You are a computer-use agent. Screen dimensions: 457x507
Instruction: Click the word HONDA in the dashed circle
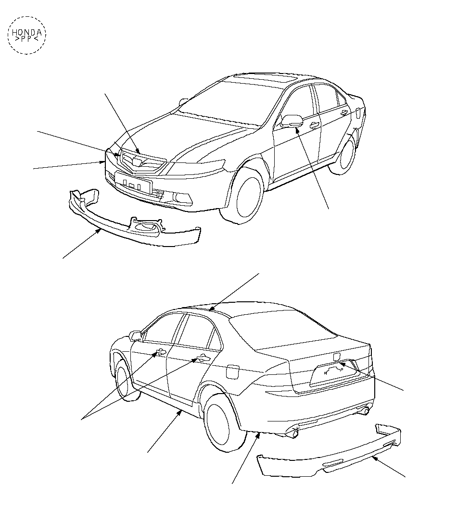[x=26, y=32]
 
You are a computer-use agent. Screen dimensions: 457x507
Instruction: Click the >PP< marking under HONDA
[x=26, y=39]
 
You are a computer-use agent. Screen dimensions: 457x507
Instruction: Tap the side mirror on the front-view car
[x=292, y=121]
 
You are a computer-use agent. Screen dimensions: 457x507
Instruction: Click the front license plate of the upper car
[x=133, y=183]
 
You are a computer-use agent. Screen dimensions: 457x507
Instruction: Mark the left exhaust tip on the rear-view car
[x=293, y=433]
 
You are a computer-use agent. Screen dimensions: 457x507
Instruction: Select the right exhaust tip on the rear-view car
[x=366, y=411]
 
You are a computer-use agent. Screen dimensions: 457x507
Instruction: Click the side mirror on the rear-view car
[x=135, y=335]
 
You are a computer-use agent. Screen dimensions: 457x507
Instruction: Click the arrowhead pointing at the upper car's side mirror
[x=296, y=130]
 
